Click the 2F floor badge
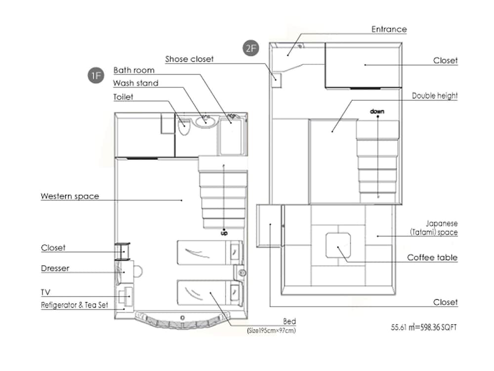250,48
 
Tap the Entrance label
389,29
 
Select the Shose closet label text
189,59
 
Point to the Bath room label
134,71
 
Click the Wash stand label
135,83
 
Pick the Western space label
70,196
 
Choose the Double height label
435,96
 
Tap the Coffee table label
432,258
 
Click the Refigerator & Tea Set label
74,305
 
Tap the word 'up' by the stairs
224,232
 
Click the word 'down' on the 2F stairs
377,112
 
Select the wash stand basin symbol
205,120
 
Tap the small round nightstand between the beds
242,273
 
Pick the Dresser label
55,269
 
